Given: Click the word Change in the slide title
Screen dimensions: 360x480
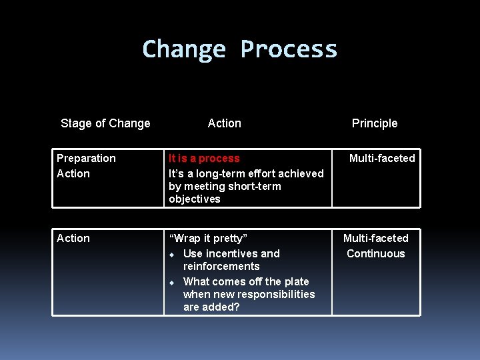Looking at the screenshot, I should (184, 49).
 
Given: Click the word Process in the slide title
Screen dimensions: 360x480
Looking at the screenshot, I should (289, 49).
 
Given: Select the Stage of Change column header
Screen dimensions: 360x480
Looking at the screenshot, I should (105, 123).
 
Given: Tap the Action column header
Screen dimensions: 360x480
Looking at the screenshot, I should (225, 123).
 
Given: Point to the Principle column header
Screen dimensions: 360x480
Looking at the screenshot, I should (375, 123).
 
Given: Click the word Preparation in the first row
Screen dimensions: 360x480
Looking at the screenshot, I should (86, 158).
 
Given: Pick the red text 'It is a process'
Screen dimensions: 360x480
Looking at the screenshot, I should (204, 158).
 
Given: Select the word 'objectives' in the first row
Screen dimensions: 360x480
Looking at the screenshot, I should (194, 199).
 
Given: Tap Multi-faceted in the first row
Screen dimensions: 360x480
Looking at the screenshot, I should (382, 158).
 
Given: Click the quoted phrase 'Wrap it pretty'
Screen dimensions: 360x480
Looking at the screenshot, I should (208, 238).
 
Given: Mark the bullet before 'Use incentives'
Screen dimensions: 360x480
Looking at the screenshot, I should (171, 254).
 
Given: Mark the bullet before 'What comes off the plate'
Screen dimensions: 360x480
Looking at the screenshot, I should (171, 282).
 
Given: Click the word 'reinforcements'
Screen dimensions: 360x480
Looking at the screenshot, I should (221, 266).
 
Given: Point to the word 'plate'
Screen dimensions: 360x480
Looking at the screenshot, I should (295, 281).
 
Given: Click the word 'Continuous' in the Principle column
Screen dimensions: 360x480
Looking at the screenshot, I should (376, 253).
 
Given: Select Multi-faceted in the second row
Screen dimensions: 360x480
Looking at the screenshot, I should (376, 238).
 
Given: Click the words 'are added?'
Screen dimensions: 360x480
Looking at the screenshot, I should (211, 307).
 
